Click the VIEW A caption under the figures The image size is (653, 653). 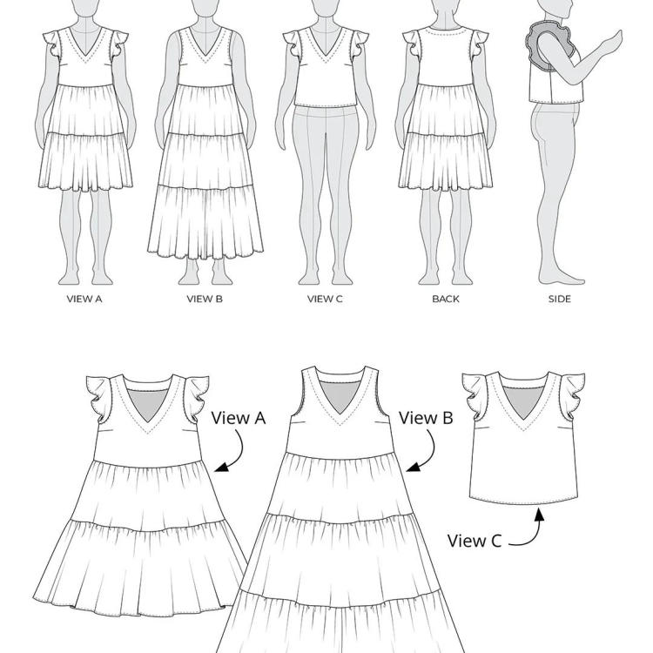pyautogui.click(x=84, y=299)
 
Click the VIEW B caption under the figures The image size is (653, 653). pyautogui.click(x=205, y=299)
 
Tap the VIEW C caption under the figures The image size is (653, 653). pyautogui.click(x=325, y=299)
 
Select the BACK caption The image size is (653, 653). pyautogui.click(x=446, y=299)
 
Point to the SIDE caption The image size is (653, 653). pyautogui.click(x=559, y=299)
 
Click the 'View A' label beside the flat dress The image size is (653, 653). pyautogui.click(x=239, y=418)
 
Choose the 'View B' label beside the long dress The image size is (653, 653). pyautogui.click(x=426, y=418)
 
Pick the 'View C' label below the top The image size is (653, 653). pyautogui.click(x=475, y=541)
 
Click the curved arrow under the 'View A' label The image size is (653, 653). pyautogui.click(x=239, y=454)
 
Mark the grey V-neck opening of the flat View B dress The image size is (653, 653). pyautogui.click(x=340, y=395)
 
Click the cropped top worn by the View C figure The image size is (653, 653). pyautogui.click(x=326, y=67)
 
